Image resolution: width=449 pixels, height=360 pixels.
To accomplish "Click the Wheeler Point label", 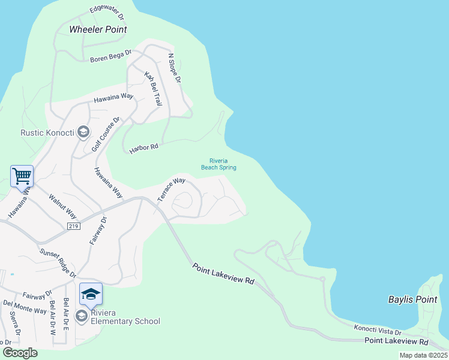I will (x=94, y=29).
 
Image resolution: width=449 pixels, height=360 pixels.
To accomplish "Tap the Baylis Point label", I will (x=412, y=299).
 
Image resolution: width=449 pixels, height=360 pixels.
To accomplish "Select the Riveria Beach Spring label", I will (x=223, y=164).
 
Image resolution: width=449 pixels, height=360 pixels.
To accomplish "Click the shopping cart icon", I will (x=22, y=176).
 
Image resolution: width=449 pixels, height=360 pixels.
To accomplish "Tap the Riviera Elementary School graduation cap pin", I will (x=91, y=294).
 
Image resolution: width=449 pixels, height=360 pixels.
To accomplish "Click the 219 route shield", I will (x=74, y=226).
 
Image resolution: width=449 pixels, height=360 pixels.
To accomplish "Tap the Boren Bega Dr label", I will (x=110, y=57).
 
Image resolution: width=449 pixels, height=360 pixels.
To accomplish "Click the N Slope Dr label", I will (x=174, y=68).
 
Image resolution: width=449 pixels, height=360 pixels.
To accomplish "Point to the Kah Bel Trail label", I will (x=153, y=89).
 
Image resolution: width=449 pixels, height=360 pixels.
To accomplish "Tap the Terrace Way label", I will (x=171, y=189).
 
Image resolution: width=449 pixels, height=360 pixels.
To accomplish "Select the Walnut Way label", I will (x=62, y=205).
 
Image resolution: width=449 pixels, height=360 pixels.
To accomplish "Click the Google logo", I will (x=20, y=353).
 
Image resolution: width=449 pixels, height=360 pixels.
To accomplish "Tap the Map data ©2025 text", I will (x=423, y=355).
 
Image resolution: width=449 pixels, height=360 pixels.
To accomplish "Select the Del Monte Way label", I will (x=25, y=307).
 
